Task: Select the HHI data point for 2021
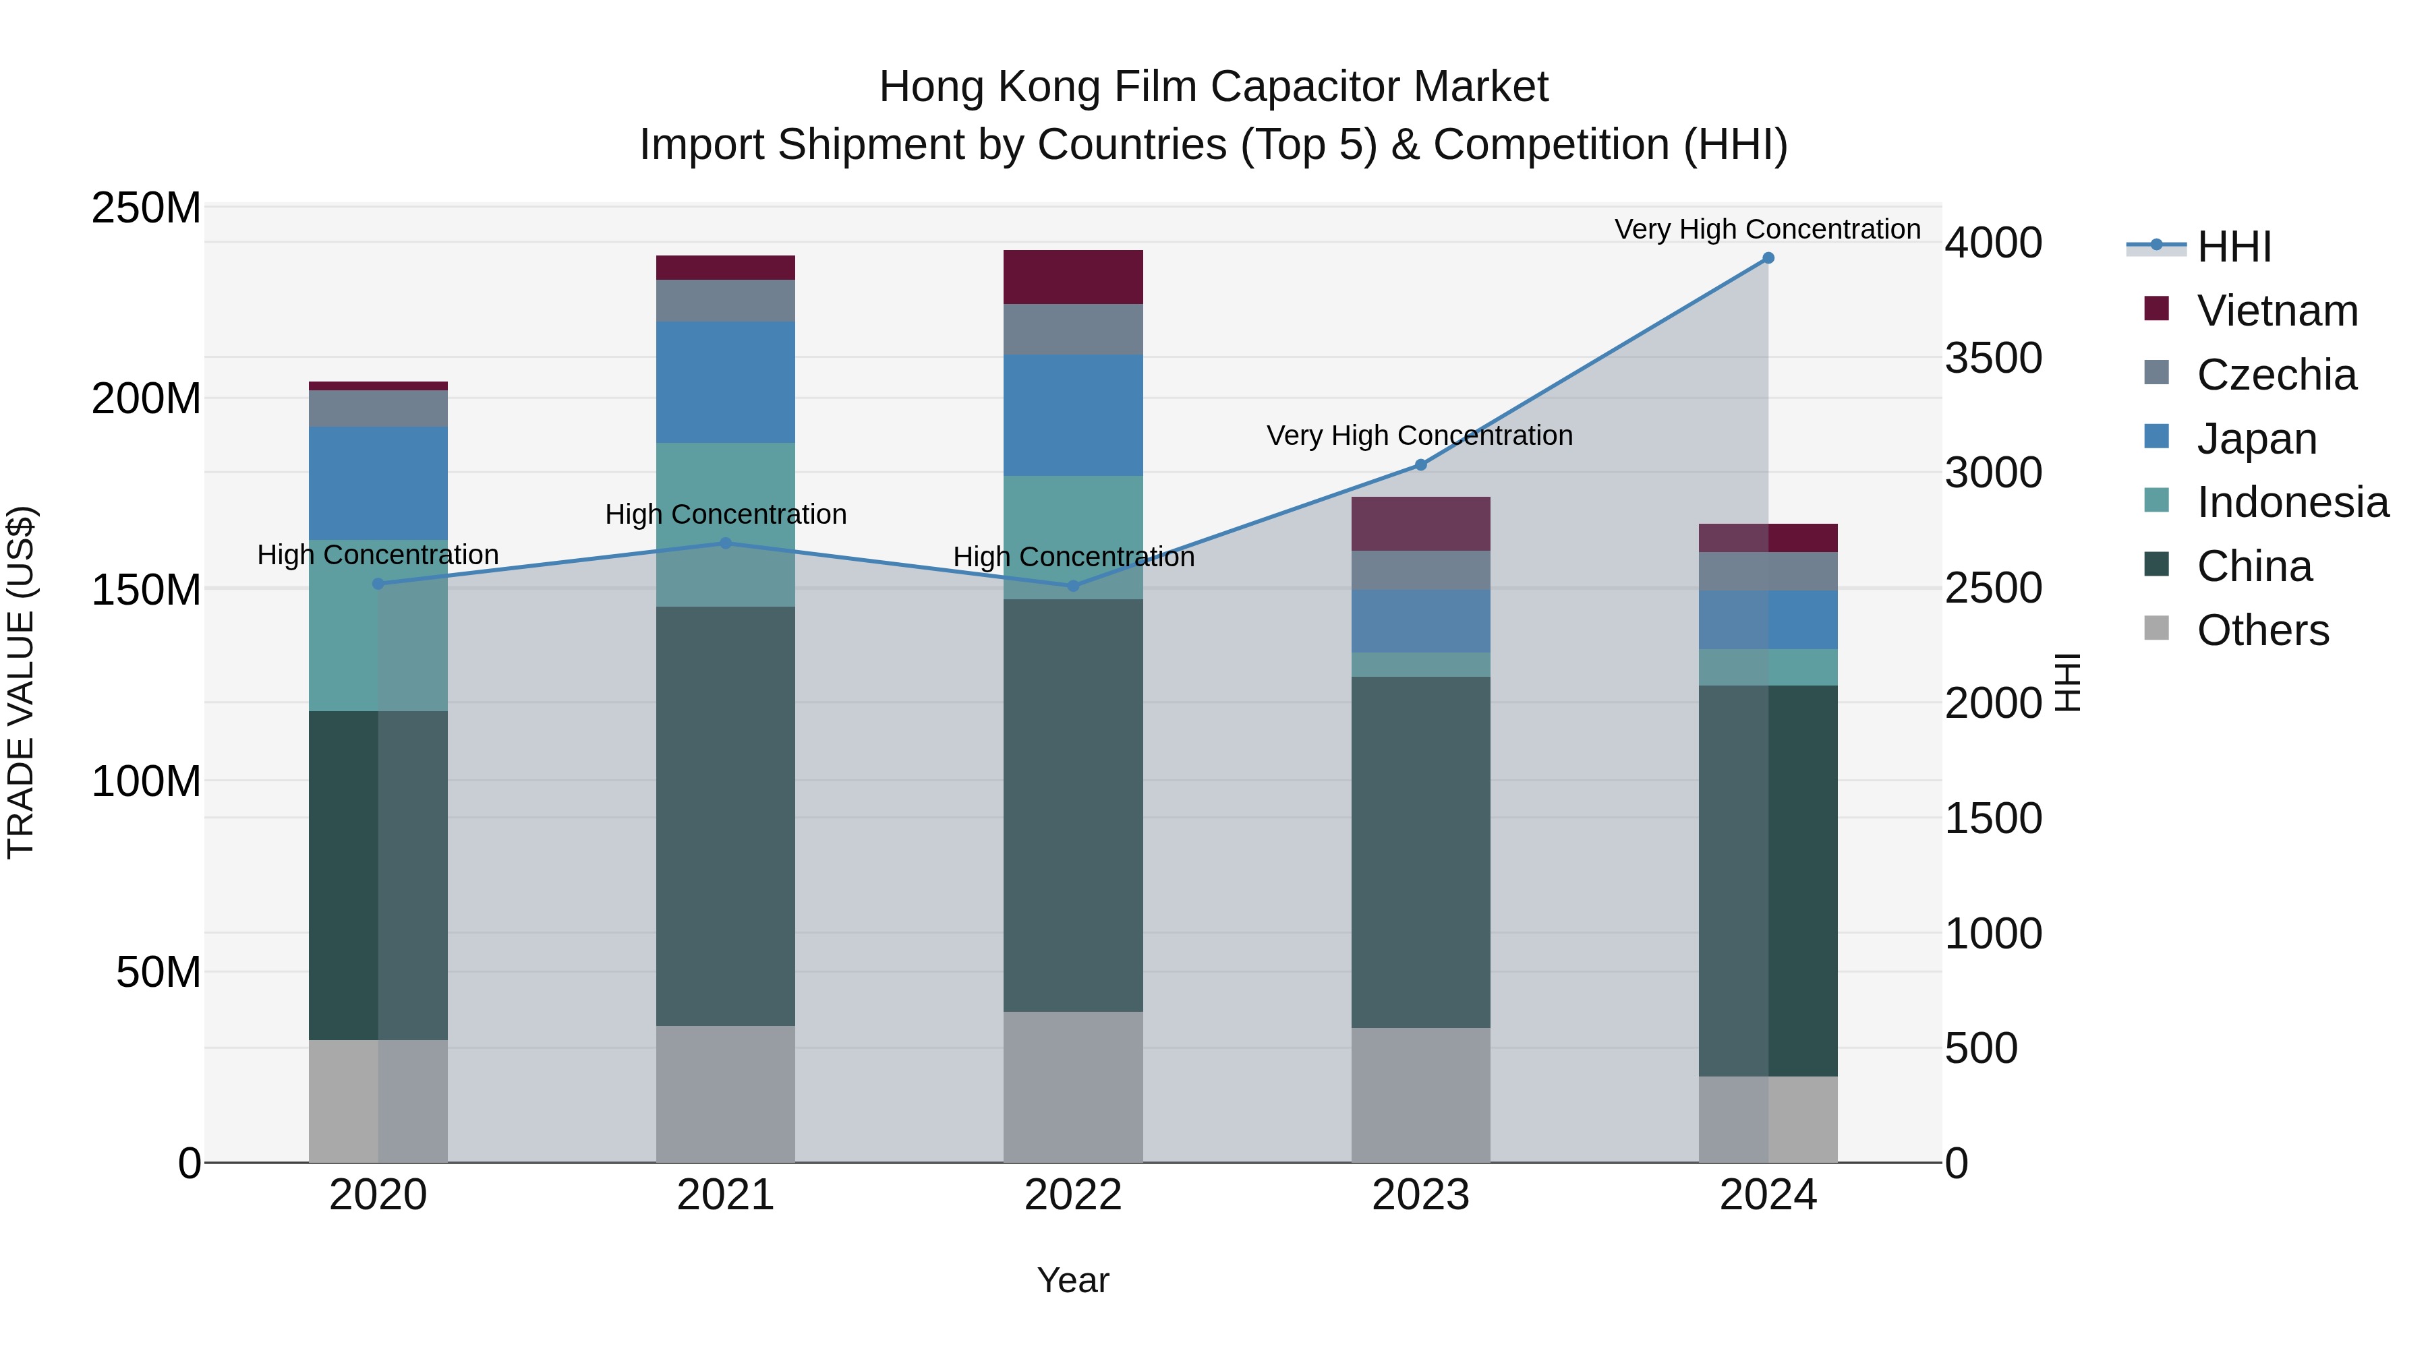(725, 543)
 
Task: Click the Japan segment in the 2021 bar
(725, 382)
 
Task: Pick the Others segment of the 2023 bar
(1420, 1095)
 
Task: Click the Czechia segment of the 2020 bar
(378, 408)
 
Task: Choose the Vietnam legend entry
(2276, 311)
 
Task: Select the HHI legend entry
(2233, 247)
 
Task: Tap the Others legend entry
(2262, 630)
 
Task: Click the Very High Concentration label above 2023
(1420, 435)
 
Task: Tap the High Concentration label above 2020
(378, 555)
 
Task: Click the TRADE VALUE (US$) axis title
(21, 682)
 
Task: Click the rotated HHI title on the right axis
(2066, 682)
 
